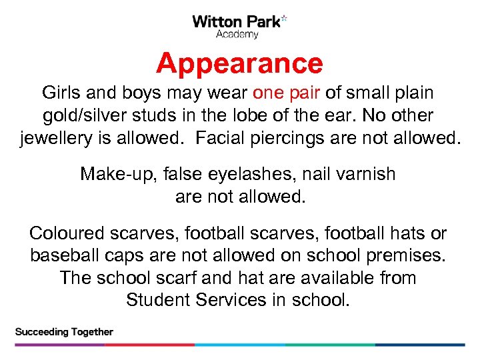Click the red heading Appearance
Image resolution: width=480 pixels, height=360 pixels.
click(x=239, y=64)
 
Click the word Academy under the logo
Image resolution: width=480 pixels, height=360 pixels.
click(x=237, y=34)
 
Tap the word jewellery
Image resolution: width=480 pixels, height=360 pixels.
click(x=59, y=139)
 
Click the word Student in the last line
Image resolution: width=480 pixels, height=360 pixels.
click(x=158, y=300)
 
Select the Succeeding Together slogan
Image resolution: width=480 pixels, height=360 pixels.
click(x=64, y=332)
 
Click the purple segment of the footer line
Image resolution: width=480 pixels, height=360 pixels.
click(x=60, y=345)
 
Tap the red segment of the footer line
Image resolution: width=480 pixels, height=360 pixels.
click(x=150, y=345)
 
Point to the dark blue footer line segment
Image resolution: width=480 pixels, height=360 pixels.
click(x=420, y=345)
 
